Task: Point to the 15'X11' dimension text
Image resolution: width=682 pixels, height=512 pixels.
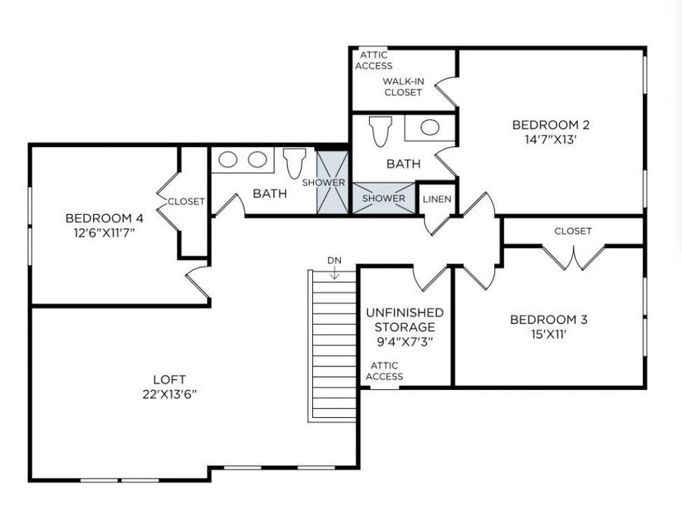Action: click(548, 333)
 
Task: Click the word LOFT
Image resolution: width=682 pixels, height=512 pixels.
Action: click(169, 379)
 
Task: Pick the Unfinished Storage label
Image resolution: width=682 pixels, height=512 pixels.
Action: click(405, 319)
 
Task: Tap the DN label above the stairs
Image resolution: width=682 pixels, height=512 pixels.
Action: click(334, 261)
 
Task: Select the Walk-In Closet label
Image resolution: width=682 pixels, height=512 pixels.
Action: click(402, 86)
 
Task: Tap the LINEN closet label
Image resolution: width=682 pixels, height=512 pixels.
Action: click(437, 199)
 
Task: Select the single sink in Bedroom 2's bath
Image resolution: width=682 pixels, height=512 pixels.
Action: click(430, 127)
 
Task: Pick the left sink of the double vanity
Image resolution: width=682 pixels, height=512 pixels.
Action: click(230, 159)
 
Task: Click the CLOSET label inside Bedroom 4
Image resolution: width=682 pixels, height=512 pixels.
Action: click(186, 201)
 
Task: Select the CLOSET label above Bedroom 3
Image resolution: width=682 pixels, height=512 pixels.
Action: click(573, 231)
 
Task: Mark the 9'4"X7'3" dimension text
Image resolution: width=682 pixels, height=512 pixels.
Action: click(405, 341)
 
